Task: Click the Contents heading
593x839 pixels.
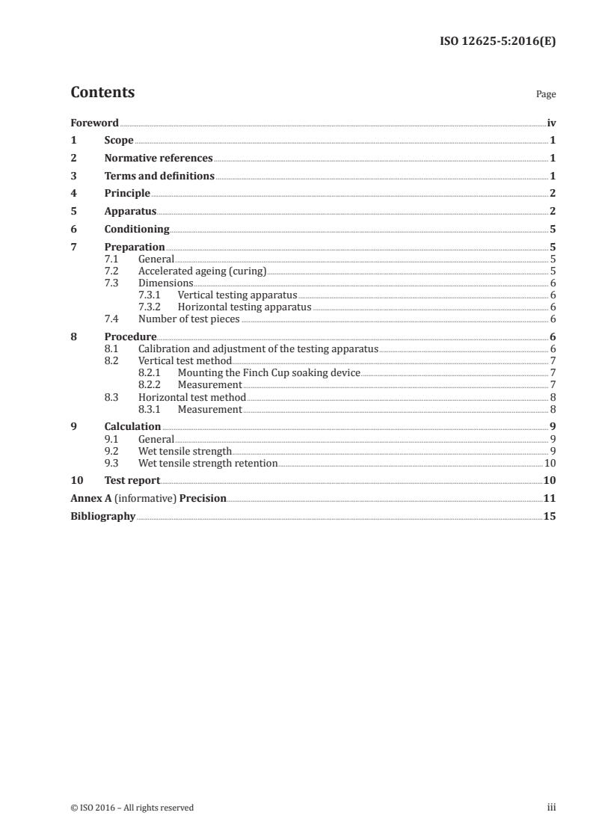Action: click(102, 93)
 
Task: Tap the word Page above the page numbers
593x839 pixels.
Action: click(546, 95)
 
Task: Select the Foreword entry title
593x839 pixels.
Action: click(94, 123)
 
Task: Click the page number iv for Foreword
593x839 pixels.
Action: click(551, 123)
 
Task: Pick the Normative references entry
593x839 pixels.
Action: click(159, 159)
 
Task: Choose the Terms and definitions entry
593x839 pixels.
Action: click(159, 176)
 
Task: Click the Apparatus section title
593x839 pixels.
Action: click(130, 212)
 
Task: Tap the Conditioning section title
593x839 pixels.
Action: click(137, 230)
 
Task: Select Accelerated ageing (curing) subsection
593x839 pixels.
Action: click(202, 271)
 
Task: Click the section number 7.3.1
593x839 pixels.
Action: click(151, 295)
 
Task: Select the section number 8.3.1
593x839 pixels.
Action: click(151, 410)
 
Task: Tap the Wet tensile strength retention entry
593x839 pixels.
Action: click(207, 464)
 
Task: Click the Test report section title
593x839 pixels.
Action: click(132, 481)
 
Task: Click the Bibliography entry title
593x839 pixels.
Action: click(102, 516)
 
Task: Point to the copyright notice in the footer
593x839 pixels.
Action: click(132, 808)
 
